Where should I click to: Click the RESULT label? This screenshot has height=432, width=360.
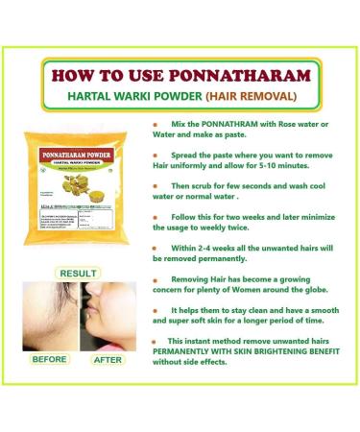pyautogui.click(x=80, y=274)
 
